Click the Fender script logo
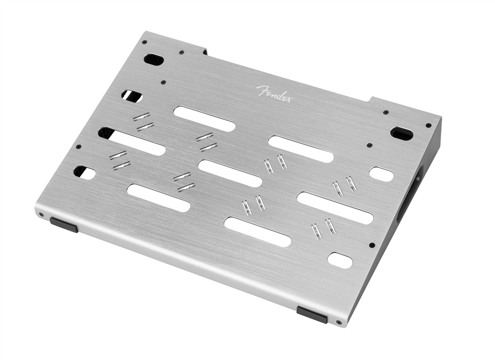(274, 93)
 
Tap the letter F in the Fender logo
(261, 90)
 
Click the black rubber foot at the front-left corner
(64, 225)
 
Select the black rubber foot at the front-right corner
(312, 314)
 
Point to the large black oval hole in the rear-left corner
(154, 60)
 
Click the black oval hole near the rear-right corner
(402, 133)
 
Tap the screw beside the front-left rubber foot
(41, 214)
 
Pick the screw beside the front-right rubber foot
(339, 322)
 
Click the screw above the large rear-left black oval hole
(144, 42)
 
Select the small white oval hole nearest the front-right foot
(340, 260)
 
